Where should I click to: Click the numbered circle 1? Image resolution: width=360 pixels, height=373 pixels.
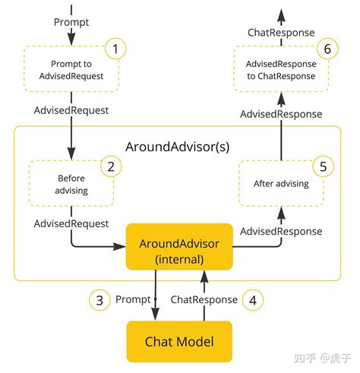(x=115, y=51)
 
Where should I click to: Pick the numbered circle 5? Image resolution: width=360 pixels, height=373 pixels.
(x=324, y=166)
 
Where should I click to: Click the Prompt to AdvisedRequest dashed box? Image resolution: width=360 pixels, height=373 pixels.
(x=71, y=70)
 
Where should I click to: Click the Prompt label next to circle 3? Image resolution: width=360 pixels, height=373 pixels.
(x=133, y=299)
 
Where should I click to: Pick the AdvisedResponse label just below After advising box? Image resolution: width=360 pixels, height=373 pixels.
(x=281, y=231)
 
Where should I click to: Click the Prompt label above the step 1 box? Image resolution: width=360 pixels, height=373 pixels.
(x=71, y=22)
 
